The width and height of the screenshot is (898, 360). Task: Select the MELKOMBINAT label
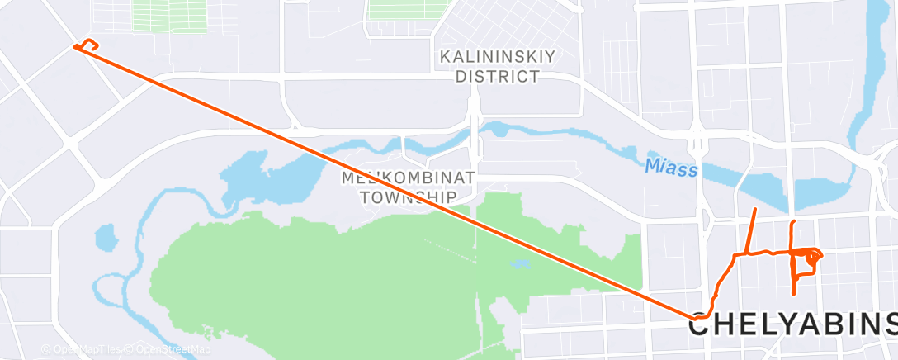(408, 178)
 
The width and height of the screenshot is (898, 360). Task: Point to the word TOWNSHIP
(408, 197)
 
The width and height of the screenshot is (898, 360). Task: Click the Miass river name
(670, 168)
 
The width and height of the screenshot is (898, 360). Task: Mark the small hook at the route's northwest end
(89, 45)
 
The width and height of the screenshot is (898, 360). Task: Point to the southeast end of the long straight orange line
(693, 317)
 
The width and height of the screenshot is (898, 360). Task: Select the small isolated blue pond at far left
(106, 238)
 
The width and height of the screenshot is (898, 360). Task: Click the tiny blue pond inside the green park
(520, 264)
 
